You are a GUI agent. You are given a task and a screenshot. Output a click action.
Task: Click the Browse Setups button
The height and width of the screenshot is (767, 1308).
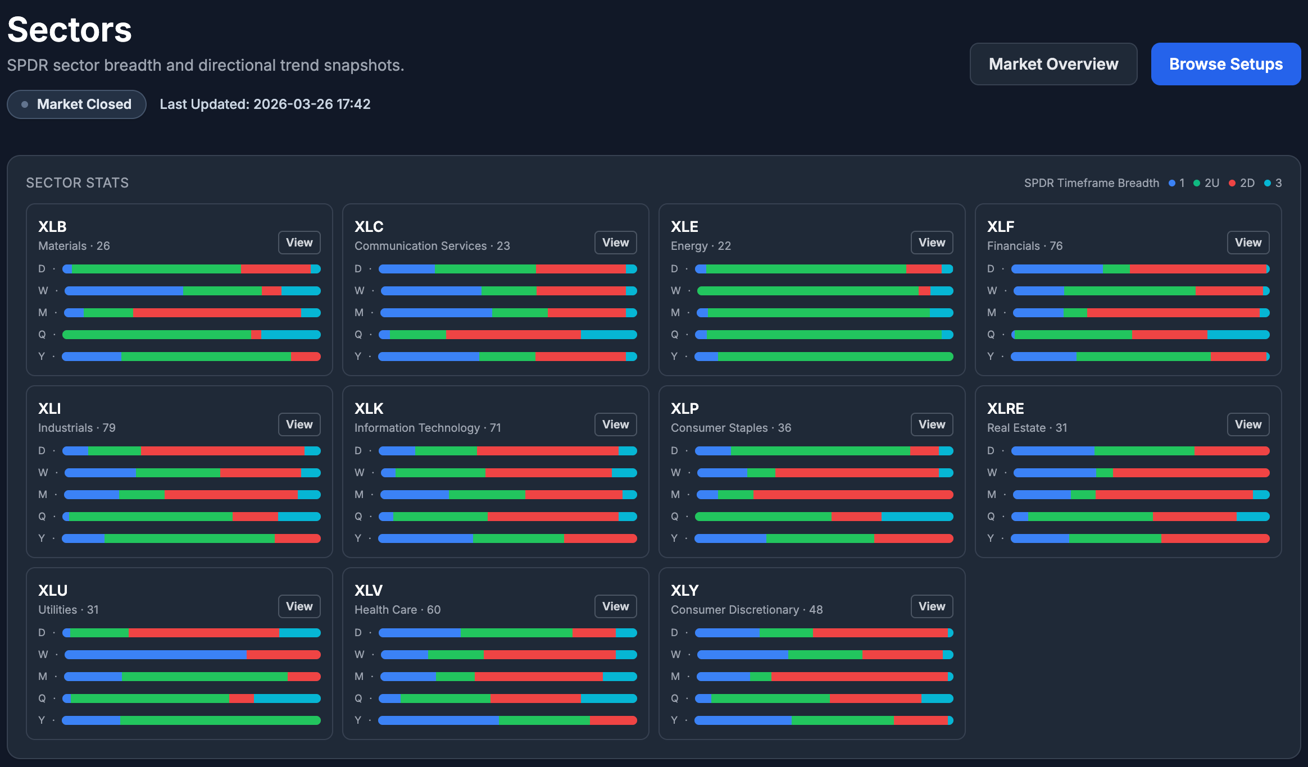click(x=1225, y=64)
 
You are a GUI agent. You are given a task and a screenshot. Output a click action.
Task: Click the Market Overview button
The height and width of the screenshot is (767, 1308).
click(x=1053, y=64)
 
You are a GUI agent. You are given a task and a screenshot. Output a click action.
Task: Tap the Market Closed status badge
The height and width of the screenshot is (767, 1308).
click(x=76, y=104)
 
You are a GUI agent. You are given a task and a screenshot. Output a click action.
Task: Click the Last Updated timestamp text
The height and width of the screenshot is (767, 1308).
click(x=265, y=104)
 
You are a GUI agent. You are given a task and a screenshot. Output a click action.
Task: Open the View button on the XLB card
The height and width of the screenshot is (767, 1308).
click(x=299, y=243)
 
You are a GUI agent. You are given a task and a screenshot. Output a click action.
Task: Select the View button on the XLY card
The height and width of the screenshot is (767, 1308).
click(x=932, y=606)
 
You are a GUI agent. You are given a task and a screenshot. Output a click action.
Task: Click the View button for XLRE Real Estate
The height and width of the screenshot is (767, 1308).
click(x=1248, y=424)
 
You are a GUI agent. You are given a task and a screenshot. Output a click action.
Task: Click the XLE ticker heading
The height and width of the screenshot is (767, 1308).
click(x=684, y=227)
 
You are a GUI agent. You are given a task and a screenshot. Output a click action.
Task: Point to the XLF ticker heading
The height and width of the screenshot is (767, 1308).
click(x=1000, y=227)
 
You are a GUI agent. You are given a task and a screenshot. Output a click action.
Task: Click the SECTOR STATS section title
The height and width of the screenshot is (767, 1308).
click(x=78, y=183)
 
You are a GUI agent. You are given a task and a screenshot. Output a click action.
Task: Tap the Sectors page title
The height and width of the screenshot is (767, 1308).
click(x=70, y=30)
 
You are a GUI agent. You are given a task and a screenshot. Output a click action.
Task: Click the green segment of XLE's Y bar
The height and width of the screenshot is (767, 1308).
click(x=834, y=357)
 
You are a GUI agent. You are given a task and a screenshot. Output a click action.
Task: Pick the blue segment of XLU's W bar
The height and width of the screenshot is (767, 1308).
click(x=156, y=655)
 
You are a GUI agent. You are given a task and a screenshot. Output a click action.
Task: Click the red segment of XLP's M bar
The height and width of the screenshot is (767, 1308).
click(x=852, y=495)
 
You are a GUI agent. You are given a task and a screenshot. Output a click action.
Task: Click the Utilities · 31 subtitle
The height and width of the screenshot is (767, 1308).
click(x=69, y=610)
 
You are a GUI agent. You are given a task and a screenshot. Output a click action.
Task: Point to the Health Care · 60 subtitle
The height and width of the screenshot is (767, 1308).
click(x=397, y=610)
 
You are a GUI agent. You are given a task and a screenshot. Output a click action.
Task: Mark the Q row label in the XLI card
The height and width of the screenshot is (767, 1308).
click(x=42, y=517)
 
